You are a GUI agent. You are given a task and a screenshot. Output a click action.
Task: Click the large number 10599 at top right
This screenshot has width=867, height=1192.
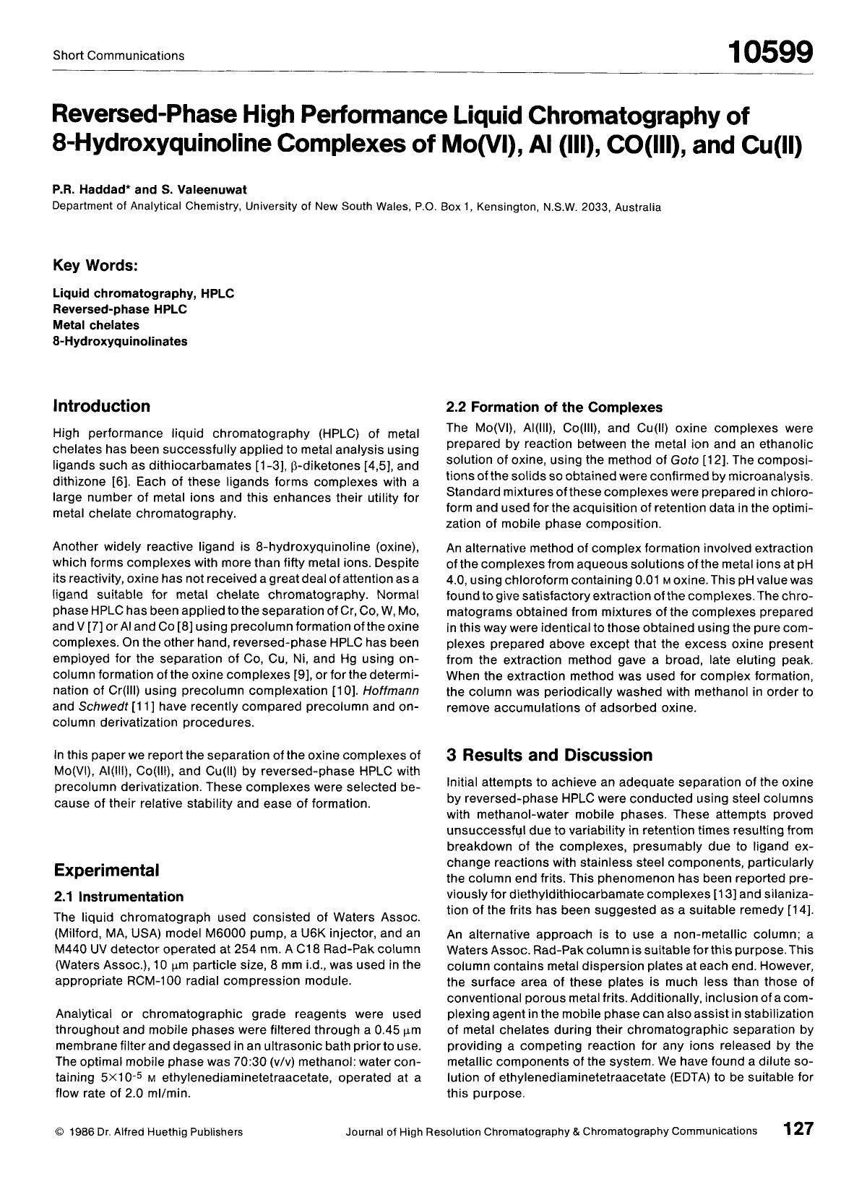770,52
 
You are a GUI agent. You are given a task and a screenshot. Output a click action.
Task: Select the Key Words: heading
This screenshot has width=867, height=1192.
95,265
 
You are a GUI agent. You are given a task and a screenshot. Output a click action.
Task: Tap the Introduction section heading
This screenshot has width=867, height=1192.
102,406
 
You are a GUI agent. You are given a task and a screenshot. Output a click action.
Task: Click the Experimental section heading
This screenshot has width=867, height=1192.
106,869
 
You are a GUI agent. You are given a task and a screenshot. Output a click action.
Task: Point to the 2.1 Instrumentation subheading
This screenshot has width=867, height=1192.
120,897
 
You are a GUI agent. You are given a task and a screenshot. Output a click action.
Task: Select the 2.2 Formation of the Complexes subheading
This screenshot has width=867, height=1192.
554,407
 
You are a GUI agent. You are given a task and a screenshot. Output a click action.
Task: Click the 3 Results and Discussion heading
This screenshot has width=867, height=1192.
550,755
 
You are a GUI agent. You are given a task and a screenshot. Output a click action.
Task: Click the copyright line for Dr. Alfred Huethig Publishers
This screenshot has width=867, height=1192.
149,1132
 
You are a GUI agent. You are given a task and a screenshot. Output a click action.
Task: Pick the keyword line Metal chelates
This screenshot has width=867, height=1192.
96,325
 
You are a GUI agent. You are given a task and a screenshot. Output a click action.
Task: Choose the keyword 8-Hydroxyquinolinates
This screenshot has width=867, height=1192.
120,341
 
